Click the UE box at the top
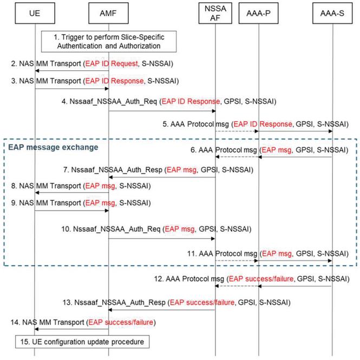pos(35,12)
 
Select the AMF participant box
pos(108,12)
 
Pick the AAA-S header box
pos(332,12)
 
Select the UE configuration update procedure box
pos(82,342)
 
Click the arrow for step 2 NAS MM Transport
pos(71,71)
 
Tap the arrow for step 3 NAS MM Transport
pos(71,89)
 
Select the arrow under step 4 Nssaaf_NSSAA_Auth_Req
pos(162,111)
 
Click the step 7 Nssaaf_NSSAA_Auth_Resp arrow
pos(162,177)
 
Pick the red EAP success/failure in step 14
pos(122,322)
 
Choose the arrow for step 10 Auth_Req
pos(162,239)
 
